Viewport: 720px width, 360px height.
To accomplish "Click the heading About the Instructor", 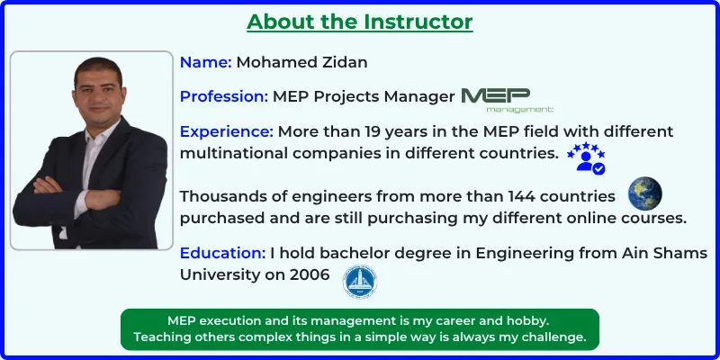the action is pos(359,22).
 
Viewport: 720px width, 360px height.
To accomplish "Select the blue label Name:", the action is pos(206,62).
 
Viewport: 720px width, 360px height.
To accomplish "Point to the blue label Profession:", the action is pos(224,96).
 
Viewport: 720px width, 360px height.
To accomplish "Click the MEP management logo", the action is pos(507,100).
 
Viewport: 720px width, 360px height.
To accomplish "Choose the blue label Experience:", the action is pos(227,131).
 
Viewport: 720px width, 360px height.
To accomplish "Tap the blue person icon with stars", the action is pos(587,158).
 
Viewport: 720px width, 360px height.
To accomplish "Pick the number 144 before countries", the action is pos(521,196).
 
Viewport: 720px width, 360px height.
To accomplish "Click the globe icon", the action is pos(645,193).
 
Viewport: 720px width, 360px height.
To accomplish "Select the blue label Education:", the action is pos(222,253).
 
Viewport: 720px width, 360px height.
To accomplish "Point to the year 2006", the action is pos(310,274).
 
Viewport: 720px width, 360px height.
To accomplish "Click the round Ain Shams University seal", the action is pos(360,282).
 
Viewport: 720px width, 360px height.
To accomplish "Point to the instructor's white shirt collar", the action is pos(97,132).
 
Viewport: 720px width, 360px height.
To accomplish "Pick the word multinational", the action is pos(233,153).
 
